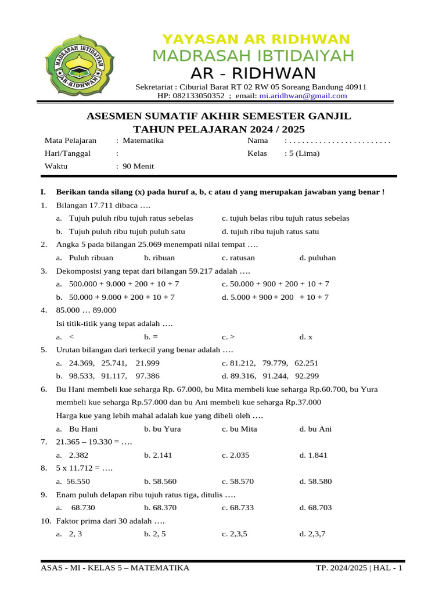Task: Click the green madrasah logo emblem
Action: coord(80,63)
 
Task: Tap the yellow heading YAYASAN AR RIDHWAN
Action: coord(256,40)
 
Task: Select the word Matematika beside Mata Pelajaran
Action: coord(143,141)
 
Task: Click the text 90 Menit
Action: coord(138,166)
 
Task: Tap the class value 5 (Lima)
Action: coord(302,153)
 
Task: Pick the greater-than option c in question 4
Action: coord(228,336)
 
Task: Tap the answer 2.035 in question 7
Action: coord(236,456)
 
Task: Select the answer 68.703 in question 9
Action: coord(316,508)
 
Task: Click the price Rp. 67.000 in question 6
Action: coord(187,389)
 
